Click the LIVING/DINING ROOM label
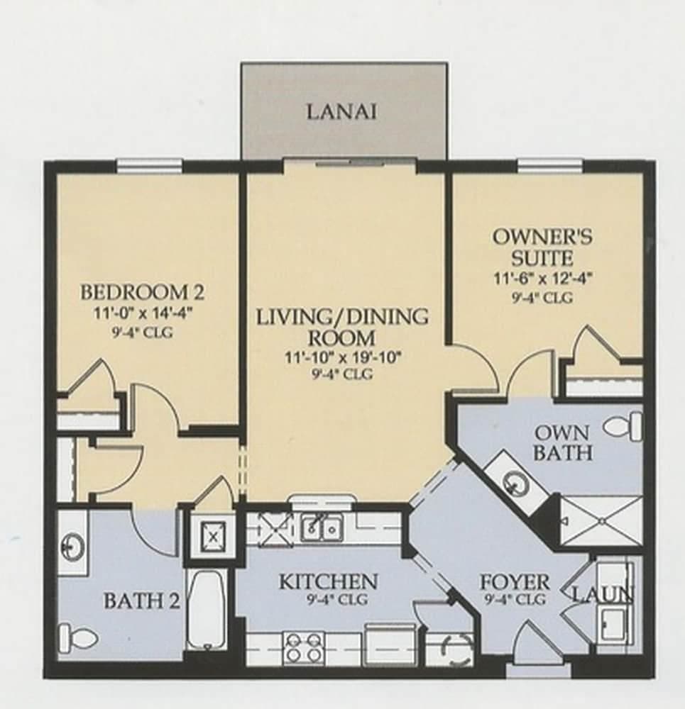click(342, 327)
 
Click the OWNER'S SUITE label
click(543, 247)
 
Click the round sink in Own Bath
click(515, 483)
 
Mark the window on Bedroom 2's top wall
click(149, 166)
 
